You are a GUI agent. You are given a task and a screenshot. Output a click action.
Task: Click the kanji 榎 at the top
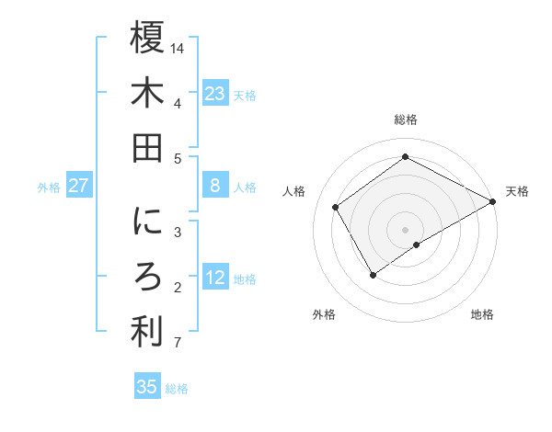[x=147, y=39]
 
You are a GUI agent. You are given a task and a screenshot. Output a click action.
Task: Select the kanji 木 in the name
[x=147, y=94]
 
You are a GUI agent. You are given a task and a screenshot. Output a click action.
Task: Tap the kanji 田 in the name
[x=147, y=148]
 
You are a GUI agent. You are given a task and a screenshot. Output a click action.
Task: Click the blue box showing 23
[x=214, y=94]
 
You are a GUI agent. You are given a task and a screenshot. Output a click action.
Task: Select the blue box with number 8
[x=214, y=186]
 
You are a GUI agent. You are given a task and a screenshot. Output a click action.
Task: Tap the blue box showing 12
[x=214, y=278]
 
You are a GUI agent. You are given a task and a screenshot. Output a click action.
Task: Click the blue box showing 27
[x=79, y=186]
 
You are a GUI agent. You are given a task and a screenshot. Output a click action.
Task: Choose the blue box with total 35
[x=147, y=387]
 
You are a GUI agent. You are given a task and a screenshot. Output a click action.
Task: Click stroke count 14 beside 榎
[x=178, y=47]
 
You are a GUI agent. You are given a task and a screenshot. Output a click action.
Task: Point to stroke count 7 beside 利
[x=177, y=344]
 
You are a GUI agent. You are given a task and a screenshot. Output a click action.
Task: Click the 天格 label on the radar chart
[x=517, y=191]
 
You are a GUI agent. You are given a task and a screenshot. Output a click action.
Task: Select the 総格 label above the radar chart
[x=405, y=119]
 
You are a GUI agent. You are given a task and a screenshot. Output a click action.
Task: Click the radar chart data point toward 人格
[x=336, y=207]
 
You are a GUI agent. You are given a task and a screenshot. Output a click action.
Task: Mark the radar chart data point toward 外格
[x=374, y=274]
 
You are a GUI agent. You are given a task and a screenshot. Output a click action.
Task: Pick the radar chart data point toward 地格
[x=417, y=244]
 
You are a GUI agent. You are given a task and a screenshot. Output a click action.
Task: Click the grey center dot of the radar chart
[x=405, y=228]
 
